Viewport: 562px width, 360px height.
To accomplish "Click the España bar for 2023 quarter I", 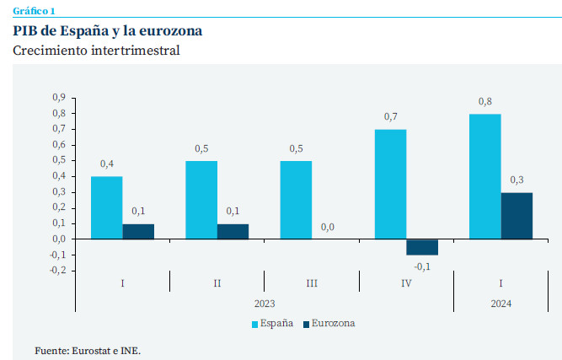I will [106, 207].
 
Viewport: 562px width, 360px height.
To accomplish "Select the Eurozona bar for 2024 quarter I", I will [517, 216].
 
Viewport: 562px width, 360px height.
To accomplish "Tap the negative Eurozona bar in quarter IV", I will [422, 246].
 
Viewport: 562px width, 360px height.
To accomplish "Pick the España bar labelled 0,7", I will [390, 184].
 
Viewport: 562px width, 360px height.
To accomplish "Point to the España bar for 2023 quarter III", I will [296, 200].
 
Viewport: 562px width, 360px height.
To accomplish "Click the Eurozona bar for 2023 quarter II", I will [233, 231].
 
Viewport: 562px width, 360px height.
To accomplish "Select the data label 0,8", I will [485, 102].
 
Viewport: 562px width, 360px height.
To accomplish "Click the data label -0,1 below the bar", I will [421, 267].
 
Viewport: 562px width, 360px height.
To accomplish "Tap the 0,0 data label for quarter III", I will [327, 227].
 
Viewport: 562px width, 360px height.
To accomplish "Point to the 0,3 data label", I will [517, 180].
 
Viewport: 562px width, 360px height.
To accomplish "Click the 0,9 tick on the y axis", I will [58, 98].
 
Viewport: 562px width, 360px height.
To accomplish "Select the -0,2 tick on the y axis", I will [57, 271].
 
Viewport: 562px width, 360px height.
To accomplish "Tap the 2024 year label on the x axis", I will [500, 303].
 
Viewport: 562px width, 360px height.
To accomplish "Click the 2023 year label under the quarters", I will [265, 303].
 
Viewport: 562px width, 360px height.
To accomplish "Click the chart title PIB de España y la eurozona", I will [107, 31].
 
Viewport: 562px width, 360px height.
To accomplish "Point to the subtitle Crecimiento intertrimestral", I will [96, 51].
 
